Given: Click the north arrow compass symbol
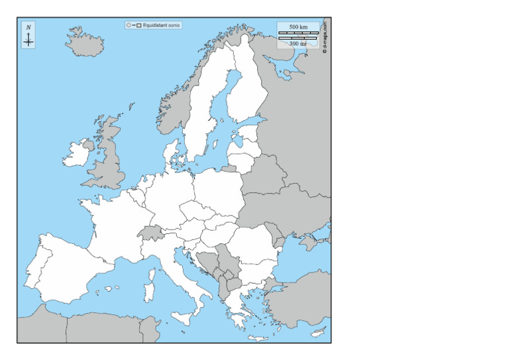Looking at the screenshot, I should tap(28, 37).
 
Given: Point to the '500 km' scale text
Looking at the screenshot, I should tap(298, 27).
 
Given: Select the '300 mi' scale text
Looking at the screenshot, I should tap(298, 43).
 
